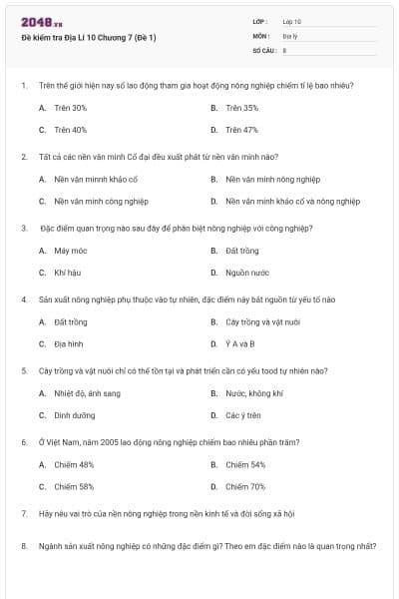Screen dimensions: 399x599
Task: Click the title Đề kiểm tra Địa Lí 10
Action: tap(89, 38)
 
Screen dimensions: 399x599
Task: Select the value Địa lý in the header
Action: tap(289, 35)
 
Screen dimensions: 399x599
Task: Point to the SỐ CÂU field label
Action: tap(263, 49)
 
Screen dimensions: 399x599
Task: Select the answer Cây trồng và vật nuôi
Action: tap(262, 322)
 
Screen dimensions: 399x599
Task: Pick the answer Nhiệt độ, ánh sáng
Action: tap(87, 393)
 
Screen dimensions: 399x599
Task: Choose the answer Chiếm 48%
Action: tap(74, 465)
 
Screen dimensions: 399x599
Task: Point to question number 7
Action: tap(24, 513)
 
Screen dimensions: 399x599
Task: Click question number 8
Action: tap(24, 546)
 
